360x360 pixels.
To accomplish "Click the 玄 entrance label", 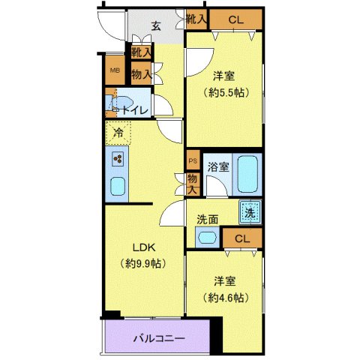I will (156, 25).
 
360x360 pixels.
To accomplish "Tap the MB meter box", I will (115, 71).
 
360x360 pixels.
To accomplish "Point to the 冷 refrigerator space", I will (118, 133).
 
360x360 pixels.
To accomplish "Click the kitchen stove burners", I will (118, 158).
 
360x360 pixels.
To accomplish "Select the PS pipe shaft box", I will (192, 160).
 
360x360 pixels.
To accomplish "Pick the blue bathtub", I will (247, 174).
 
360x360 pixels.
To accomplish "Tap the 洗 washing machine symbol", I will (251, 212).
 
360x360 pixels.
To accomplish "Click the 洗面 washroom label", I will (208, 220).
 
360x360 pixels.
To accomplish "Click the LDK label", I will (144, 248).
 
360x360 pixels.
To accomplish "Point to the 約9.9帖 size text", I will (143, 263).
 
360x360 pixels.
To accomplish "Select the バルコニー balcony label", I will (160, 337).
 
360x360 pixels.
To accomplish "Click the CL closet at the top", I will (235, 19).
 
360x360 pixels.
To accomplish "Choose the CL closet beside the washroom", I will (241, 238).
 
